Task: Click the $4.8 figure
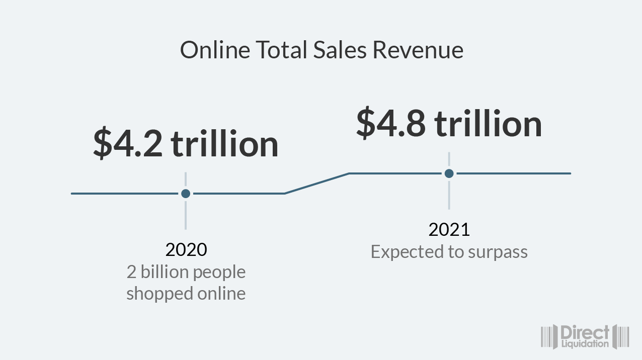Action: pos(391,124)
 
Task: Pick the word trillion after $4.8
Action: pos(488,124)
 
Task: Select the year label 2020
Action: pos(186,249)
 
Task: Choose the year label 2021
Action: pos(449,230)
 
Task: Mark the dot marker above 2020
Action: pos(186,194)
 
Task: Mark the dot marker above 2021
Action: pos(449,173)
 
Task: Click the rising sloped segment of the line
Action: pos(317,184)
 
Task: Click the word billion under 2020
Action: pos(165,272)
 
